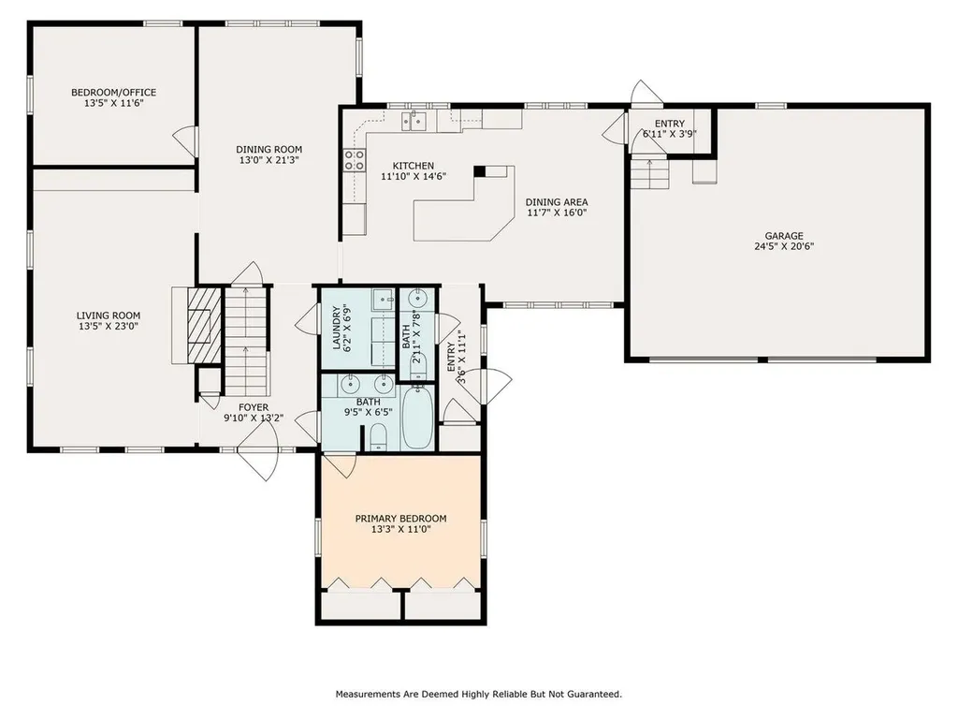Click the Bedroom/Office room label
[113, 93]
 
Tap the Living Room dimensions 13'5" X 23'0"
[109, 327]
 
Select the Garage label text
[784, 236]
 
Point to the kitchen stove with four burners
[355, 160]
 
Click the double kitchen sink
[414, 121]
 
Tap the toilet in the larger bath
[379, 439]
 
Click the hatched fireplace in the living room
[204, 325]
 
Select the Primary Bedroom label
[400, 519]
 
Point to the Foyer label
[253, 407]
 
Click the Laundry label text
[337, 328]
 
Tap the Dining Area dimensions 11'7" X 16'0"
[557, 213]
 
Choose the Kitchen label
[413, 166]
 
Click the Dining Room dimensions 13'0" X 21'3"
[269, 160]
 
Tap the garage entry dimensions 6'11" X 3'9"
[670, 134]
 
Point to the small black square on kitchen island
[480, 171]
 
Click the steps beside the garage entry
[650, 174]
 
